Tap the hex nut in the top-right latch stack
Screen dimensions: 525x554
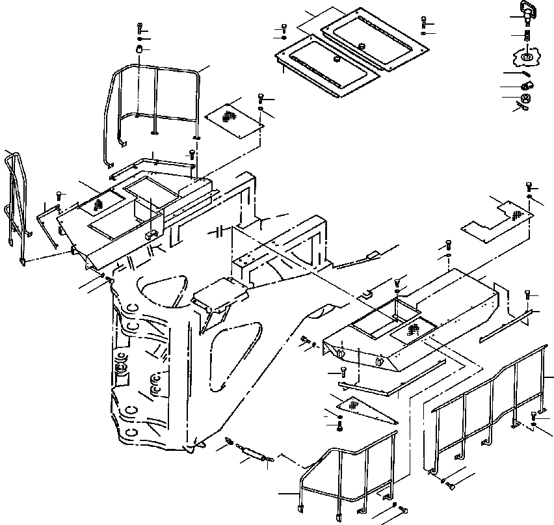527,99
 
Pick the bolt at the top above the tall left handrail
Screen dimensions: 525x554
140,28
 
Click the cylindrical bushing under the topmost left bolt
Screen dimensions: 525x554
139,49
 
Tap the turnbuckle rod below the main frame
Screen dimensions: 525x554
251,451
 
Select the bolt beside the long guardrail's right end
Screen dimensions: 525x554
534,415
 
